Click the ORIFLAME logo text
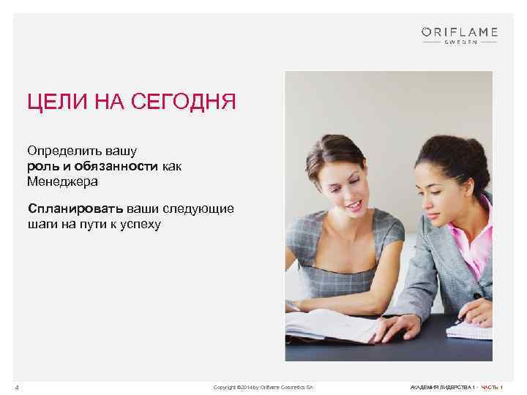[460, 31]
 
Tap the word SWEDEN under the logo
[460, 42]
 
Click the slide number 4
[26, 386]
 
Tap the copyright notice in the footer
[263, 386]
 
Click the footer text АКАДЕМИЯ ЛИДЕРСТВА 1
[442, 386]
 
